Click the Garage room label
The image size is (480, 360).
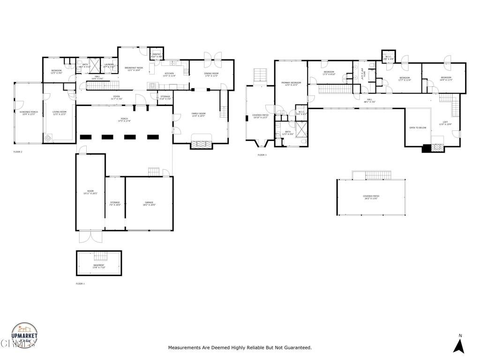click(x=149, y=203)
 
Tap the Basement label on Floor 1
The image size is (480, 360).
click(x=98, y=266)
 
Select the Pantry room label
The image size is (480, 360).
click(x=157, y=55)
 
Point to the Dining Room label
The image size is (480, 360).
click(x=211, y=74)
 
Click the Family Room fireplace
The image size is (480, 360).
click(x=201, y=144)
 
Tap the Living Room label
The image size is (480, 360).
click(x=59, y=113)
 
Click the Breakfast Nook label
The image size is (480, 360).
click(x=134, y=69)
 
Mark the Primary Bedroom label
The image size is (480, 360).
click(x=291, y=83)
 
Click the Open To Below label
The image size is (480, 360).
click(x=418, y=127)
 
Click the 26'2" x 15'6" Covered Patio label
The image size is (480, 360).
click(x=371, y=197)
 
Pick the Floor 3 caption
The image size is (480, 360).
click(x=262, y=155)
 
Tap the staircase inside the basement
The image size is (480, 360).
click(x=101, y=256)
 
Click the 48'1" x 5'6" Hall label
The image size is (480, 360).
click(x=369, y=101)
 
